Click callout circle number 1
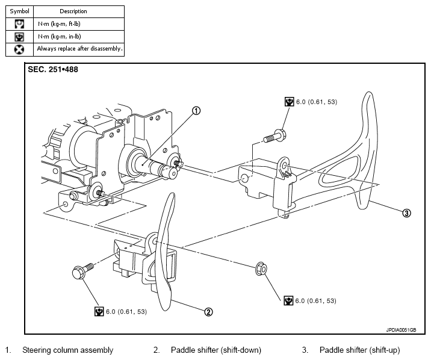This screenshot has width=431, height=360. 196,110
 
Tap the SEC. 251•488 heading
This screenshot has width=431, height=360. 53,69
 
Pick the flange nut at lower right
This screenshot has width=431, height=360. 262,267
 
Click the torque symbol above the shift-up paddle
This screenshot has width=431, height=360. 289,102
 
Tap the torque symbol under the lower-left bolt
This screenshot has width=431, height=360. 99,311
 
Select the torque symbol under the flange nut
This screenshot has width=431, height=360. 289,300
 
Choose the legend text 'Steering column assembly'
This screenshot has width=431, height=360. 67,350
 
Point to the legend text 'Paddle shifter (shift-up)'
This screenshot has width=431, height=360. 359,350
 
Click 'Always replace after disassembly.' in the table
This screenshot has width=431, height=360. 79,48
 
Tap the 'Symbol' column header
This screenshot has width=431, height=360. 19,11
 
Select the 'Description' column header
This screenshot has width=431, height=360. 73,11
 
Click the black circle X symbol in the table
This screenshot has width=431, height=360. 19,48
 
